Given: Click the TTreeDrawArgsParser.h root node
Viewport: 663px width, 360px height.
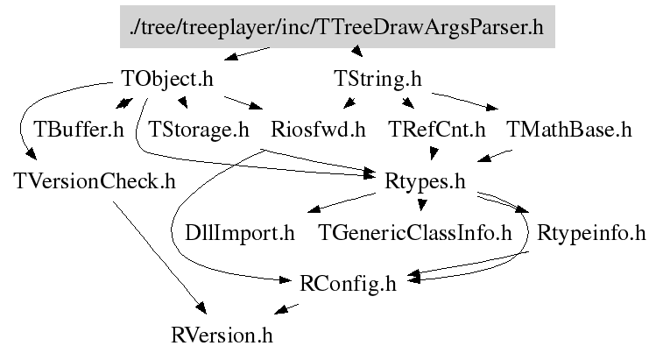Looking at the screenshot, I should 336,27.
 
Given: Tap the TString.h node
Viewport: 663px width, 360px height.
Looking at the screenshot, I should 378,79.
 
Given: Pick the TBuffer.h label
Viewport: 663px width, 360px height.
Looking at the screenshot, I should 79,131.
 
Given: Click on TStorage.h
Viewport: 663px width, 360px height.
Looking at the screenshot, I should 200,131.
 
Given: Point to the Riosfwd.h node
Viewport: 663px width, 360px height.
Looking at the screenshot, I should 318,131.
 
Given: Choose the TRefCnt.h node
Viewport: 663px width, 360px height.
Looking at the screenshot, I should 436,131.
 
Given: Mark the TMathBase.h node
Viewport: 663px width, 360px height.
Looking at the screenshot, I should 569,131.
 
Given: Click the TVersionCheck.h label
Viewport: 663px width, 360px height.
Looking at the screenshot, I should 95,181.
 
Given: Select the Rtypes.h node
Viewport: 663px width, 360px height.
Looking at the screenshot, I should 424,181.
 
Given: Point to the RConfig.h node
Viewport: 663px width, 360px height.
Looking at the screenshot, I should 348,284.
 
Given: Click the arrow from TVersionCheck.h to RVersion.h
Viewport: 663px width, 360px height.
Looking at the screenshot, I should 158,254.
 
